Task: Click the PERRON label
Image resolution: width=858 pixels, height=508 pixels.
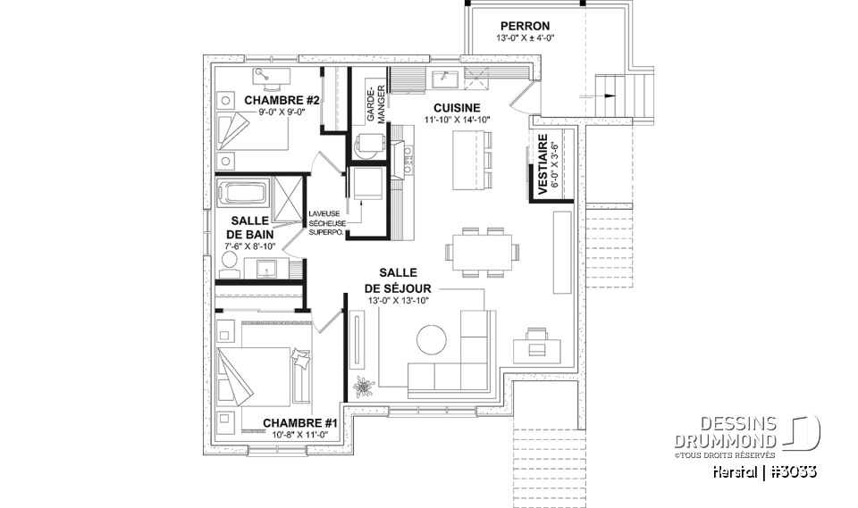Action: coord(525,26)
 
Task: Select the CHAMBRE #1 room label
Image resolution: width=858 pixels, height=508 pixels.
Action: coord(299,422)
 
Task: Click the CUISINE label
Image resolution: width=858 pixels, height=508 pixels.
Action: coord(458,105)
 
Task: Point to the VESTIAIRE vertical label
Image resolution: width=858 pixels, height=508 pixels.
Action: coord(542,162)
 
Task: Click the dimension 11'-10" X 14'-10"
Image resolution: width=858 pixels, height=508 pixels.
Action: coord(458,118)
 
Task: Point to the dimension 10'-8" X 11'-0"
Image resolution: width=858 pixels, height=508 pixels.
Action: coord(299,435)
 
